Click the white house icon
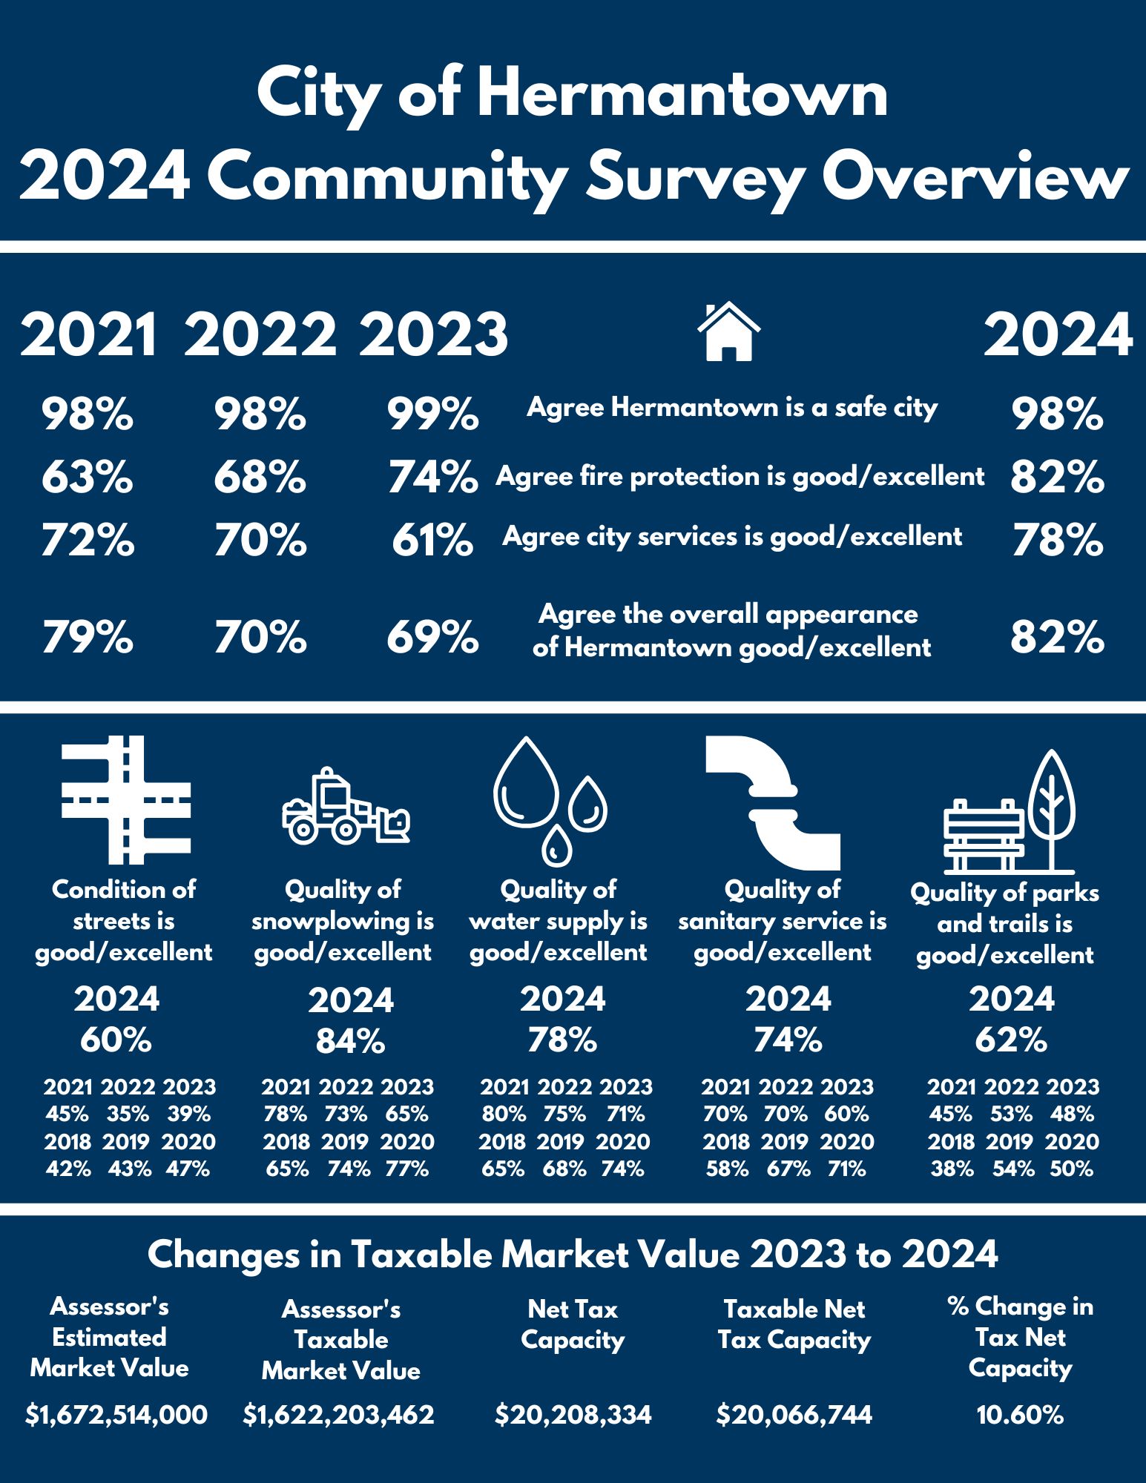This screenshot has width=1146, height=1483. [728, 331]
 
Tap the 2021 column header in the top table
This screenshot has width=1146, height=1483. [88, 335]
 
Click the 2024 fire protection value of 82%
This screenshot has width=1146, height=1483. [1057, 477]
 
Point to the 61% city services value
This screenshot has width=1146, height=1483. [432, 540]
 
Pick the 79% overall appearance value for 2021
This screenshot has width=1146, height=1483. [88, 637]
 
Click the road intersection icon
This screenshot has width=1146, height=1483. [126, 800]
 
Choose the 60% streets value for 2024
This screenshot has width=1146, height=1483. [116, 1040]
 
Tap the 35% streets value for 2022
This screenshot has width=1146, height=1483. [128, 1114]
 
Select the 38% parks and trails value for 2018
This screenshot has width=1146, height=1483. [952, 1169]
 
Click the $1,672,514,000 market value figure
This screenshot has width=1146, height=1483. [116, 1415]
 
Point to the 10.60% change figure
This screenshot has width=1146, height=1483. [1020, 1415]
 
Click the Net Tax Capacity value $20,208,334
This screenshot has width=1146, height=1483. [573, 1415]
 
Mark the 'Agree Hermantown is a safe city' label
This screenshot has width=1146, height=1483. [732, 408]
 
